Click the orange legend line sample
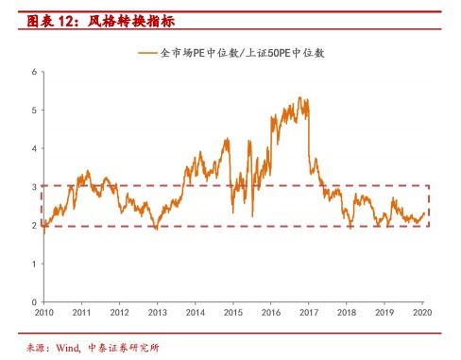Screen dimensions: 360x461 click(146, 54)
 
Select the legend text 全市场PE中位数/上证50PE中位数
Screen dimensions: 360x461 click(244, 54)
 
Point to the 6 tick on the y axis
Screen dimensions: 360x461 click(33, 72)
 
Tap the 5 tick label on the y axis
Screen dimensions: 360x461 click(33, 111)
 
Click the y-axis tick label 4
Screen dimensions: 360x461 click(33, 148)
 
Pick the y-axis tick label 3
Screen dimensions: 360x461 click(33, 187)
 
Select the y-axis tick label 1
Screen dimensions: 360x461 click(33, 264)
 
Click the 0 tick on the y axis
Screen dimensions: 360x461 click(33, 301)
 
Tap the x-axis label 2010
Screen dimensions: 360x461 click(43, 312)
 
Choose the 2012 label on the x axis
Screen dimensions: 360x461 click(119, 312)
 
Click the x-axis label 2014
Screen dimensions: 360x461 click(195, 312)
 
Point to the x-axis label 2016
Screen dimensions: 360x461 click(271, 312)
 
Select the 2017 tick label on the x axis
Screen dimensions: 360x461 click(309, 312)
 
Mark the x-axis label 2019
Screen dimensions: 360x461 click(384, 312)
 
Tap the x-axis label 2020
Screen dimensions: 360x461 click(422, 312)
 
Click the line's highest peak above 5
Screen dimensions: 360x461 click(299, 97)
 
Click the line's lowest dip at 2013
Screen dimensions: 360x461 click(157, 229)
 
